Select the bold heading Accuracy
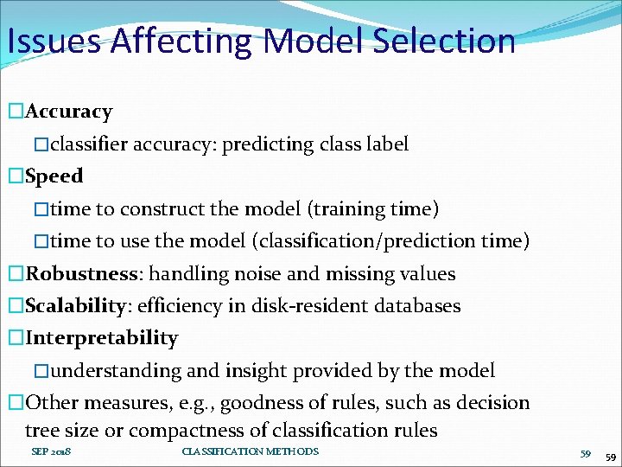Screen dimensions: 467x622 click(69, 112)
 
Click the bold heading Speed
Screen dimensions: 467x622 click(54, 176)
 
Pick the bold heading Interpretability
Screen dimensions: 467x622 click(102, 338)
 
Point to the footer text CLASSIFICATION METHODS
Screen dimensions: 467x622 click(251, 451)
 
